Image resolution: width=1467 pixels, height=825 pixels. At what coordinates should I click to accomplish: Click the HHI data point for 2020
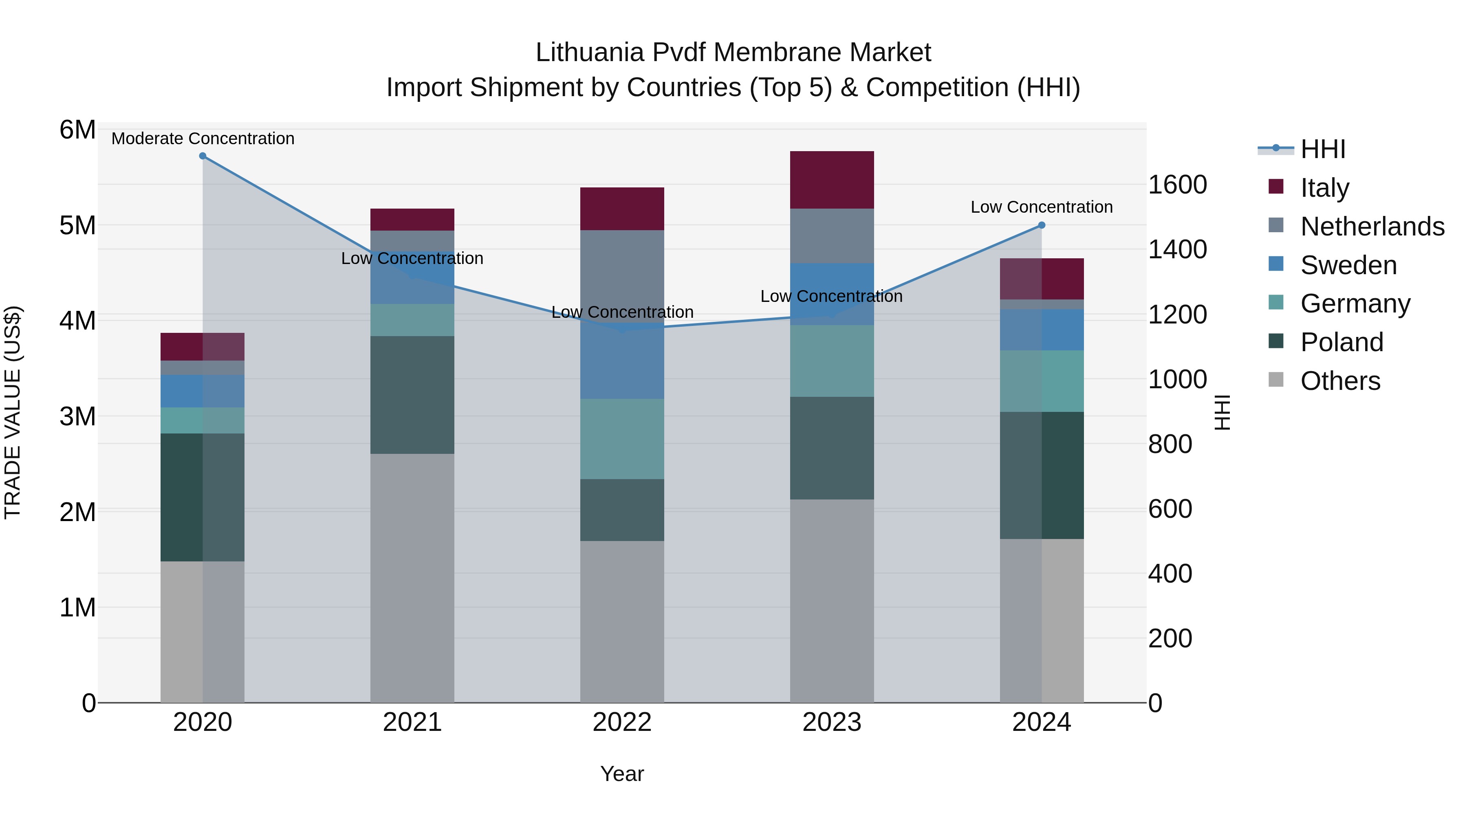203,156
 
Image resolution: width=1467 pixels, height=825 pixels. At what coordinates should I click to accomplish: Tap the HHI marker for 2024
1042,225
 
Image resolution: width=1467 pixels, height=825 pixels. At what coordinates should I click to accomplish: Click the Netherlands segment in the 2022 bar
622,276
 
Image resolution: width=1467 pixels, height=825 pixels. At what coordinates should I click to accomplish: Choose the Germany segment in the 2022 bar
622,438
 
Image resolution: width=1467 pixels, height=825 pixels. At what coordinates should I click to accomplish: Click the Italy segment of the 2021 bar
412,220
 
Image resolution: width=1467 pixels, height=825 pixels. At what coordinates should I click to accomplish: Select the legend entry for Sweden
1348,265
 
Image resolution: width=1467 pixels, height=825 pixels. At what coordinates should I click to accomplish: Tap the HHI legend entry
1322,149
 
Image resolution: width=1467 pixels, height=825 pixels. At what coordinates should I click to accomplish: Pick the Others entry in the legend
1340,381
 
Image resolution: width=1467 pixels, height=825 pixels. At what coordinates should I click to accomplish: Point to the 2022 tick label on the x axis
622,722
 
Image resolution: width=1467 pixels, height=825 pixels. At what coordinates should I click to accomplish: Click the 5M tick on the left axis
77,225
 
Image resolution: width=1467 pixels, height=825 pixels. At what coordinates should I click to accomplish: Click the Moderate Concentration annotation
203,139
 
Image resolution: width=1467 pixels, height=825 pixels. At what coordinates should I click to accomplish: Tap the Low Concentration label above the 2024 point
1042,207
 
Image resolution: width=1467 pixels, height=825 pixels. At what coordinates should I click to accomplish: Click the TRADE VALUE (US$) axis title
13,412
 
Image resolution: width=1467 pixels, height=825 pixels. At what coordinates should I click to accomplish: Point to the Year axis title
622,774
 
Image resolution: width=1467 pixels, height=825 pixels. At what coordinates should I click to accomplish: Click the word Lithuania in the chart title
589,53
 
